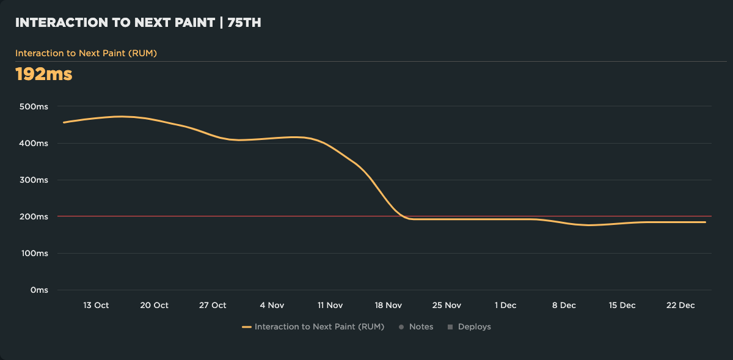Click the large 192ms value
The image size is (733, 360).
[43, 75]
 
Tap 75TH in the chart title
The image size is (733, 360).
[244, 23]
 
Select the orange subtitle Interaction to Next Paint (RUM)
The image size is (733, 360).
[86, 53]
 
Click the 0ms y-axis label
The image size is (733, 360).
[38, 290]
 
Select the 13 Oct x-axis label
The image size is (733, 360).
[96, 306]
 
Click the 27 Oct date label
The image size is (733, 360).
[213, 306]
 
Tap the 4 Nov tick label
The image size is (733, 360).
[272, 306]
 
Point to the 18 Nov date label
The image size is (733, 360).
[388, 306]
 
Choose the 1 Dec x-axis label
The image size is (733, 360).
[505, 306]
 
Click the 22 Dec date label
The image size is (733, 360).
[680, 306]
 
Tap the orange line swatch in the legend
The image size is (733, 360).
[247, 327]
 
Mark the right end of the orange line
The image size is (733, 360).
[706, 222]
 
